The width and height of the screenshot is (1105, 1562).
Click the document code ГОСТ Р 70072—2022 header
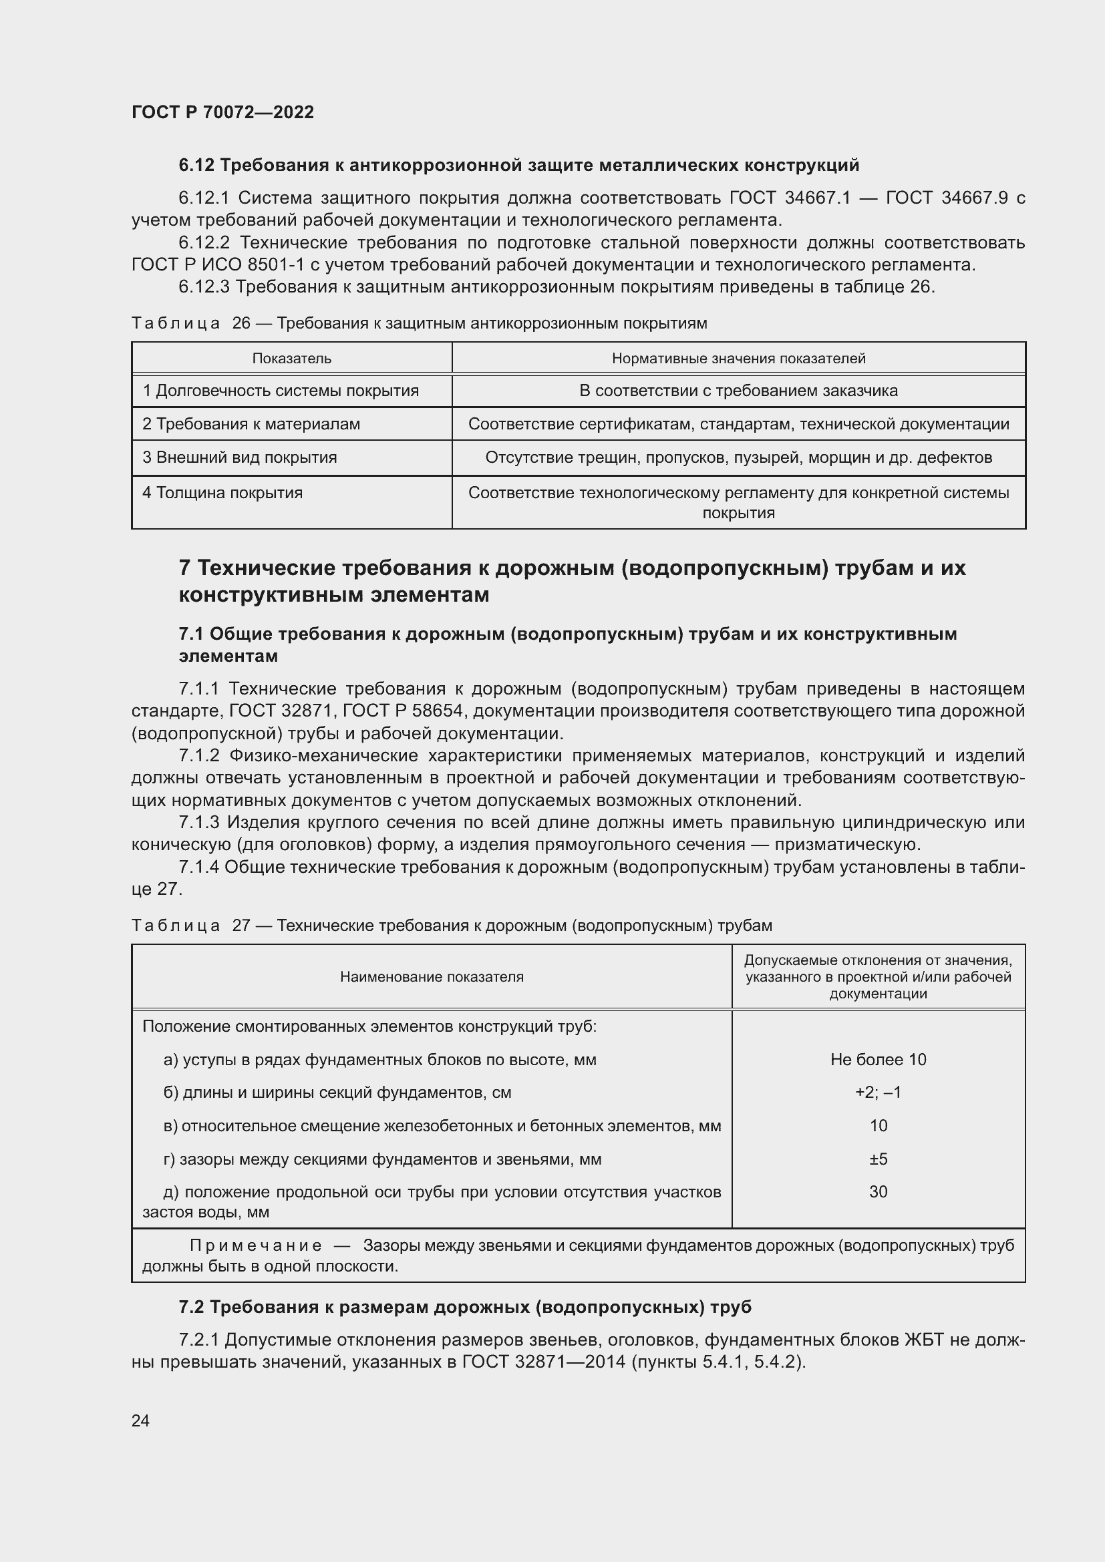pos(222,112)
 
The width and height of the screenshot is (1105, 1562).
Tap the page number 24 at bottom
pos(140,1420)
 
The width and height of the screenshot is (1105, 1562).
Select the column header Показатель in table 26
pos(291,359)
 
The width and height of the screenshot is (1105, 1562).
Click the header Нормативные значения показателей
pos(738,359)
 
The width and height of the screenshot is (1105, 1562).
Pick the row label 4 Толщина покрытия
pos(222,493)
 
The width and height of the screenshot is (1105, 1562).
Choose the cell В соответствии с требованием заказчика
pos(738,391)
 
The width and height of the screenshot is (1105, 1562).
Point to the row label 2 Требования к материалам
pos(251,424)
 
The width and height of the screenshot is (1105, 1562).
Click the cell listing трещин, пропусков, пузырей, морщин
pos(738,457)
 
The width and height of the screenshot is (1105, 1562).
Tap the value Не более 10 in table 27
pos(878,1059)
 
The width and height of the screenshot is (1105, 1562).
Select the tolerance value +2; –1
pos(878,1093)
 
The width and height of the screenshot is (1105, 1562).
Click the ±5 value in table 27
pos(878,1159)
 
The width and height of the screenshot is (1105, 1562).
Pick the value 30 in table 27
pos(878,1192)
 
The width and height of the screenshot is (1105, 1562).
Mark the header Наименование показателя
pos(432,977)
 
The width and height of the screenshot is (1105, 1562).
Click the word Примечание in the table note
pos(255,1245)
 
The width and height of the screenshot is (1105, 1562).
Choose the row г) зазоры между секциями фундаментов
pos(382,1159)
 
